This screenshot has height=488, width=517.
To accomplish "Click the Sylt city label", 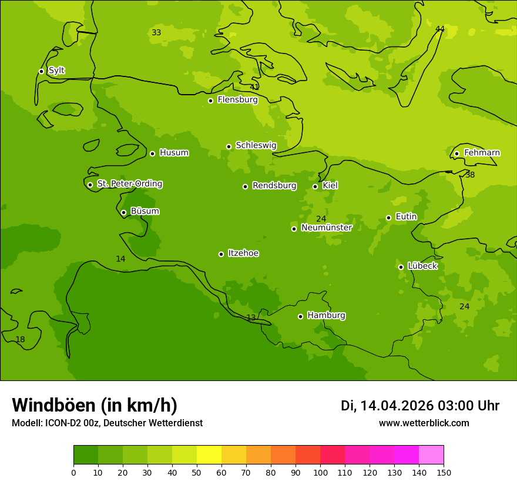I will click(56, 71).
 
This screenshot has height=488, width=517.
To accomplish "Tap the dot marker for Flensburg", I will click(210, 101).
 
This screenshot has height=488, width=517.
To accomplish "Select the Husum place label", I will click(174, 153).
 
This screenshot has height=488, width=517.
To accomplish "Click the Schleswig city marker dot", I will click(229, 146).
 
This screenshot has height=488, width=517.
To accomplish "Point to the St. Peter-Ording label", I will click(129, 184).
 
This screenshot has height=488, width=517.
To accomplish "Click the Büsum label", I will click(145, 212).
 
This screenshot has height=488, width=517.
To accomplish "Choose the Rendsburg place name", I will click(274, 186).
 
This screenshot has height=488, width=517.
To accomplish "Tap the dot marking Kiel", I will click(315, 186).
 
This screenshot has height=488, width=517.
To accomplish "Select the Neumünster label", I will click(327, 228).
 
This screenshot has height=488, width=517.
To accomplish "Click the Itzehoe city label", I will click(243, 253).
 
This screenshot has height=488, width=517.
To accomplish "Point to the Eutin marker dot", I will click(388, 218).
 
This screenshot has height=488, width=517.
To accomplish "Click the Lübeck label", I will click(422, 266).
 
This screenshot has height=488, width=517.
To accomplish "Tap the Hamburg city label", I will click(326, 316).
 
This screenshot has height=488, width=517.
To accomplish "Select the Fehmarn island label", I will click(482, 153).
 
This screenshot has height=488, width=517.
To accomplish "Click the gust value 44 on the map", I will click(440, 29).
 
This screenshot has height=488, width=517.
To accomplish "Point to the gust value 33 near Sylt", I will click(156, 32).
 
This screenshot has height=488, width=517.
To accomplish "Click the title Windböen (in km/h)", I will click(95, 405).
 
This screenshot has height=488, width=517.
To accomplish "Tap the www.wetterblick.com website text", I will click(424, 423).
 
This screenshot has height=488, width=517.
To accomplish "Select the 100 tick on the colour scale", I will click(320, 472).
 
